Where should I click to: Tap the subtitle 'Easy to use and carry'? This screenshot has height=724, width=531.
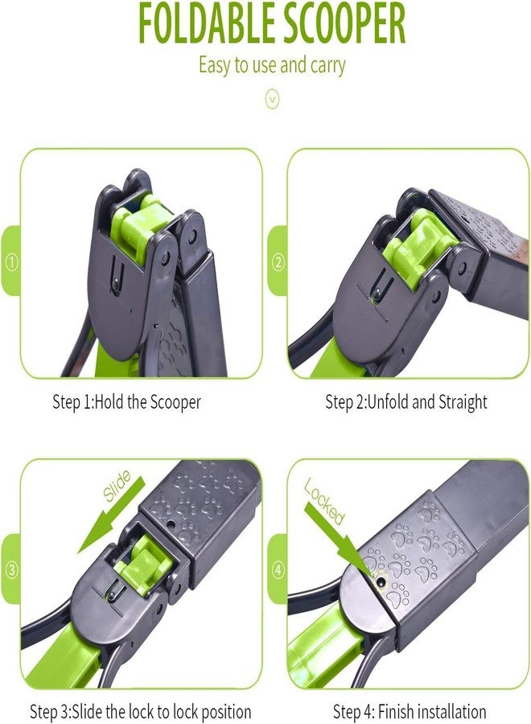(x=272, y=65)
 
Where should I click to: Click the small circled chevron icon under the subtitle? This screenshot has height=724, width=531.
(x=273, y=98)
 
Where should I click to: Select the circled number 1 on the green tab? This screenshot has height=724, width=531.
(x=11, y=263)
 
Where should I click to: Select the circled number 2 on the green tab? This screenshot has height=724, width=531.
(x=278, y=263)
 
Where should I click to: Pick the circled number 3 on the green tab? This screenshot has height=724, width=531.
(x=11, y=570)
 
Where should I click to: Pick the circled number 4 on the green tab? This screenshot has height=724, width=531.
(x=278, y=570)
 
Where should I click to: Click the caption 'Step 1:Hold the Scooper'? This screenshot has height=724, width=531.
(x=126, y=402)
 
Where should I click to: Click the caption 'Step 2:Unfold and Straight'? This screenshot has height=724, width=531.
(x=405, y=402)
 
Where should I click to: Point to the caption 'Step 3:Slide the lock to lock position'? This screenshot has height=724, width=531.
(x=140, y=712)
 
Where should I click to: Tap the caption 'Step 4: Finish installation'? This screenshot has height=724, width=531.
(x=409, y=712)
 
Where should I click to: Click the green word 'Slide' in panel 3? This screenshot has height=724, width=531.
(x=117, y=485)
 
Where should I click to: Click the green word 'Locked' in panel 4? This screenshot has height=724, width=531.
(x=324, y=501)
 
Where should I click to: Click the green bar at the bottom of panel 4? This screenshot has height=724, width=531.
(x=323, y=647)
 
